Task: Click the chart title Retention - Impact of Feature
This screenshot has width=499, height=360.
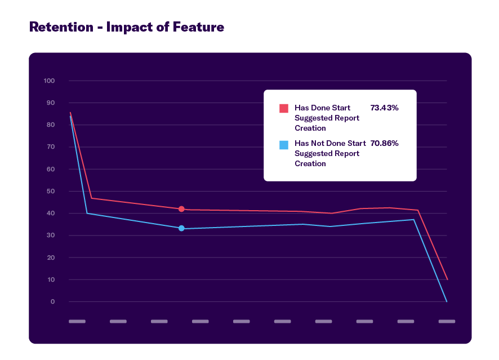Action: click(127, 26)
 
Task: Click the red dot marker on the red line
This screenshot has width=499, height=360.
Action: click(181, 209)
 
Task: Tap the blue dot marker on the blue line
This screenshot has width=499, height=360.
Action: click(181, 228)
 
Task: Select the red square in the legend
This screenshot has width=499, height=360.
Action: click(284, 108)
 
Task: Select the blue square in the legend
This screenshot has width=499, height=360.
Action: click(284, 145)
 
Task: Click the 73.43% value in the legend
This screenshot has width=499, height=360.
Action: click(384, 108)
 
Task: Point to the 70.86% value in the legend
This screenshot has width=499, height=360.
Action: click(384, 144)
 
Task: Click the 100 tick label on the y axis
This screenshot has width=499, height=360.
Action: click(49, 81)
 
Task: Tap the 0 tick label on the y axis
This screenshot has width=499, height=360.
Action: click(53, 302)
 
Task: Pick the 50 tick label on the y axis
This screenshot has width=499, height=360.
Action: click(51, 192)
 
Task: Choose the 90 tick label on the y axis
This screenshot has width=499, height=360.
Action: click(51, 103)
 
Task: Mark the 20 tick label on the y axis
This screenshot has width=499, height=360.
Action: click(51, 257)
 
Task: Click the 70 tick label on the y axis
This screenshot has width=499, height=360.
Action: click(51, 147)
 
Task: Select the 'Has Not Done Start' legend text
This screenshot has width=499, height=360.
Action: click(330, 144)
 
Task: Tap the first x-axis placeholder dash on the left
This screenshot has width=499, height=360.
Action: click(77, 322)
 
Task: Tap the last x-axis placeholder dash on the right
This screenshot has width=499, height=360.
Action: click(447, 322)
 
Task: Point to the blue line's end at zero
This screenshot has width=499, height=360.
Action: click(447, 301)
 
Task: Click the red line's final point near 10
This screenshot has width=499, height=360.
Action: click(447, 279)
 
